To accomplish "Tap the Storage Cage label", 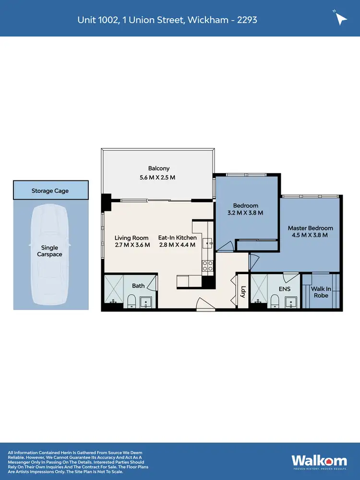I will coord(50,191).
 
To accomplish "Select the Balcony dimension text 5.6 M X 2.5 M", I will coord(158,178).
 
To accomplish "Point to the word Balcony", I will coord(158,168).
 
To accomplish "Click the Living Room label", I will coord(131,238).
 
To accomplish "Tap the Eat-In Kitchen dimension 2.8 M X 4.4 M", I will coord(177,245).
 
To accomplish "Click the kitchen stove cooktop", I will coord(207,265).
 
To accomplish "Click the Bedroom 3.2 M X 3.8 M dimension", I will coord(245,213).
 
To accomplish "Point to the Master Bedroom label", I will coord(310,228).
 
